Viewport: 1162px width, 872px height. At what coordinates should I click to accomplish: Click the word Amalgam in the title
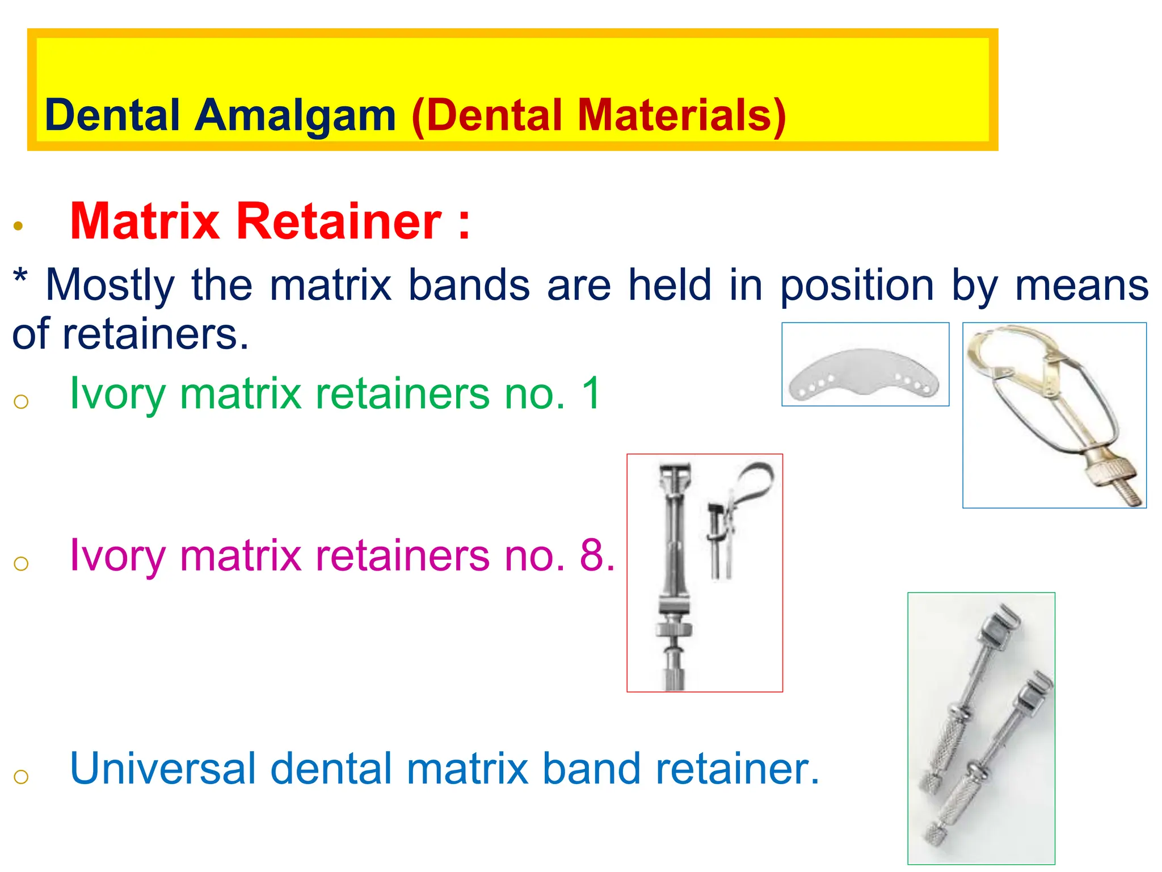tap(295, 116)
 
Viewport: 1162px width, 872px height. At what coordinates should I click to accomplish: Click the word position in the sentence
tap(857, 285)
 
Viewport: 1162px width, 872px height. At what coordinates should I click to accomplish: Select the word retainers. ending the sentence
tap(155, 334)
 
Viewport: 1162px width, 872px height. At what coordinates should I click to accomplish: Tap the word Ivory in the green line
tap(117, 394)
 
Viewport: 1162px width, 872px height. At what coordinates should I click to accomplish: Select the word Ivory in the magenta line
tap(117, 556)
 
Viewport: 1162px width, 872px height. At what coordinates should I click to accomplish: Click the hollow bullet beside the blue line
tap(21, 776)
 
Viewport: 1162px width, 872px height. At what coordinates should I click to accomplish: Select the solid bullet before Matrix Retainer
tap(18, 226)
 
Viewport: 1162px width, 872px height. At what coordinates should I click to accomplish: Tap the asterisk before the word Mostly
tap(20, 278)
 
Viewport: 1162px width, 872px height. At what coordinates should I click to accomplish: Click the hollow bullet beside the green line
tap(21, 401)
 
